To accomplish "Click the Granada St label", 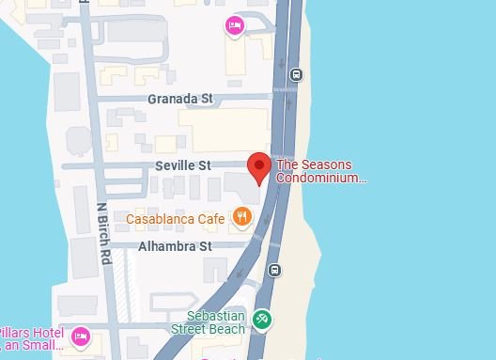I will (179, 98).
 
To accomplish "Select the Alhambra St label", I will (175, 246).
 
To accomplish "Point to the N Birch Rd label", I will (102, 232).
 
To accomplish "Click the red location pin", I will (259, 167).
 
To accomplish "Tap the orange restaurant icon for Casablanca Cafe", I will (242, 218).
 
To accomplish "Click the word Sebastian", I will (216, 316).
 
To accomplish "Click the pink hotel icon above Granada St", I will (235, 25).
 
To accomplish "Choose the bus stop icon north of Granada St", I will (297, 75).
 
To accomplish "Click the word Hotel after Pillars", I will (48, 334).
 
